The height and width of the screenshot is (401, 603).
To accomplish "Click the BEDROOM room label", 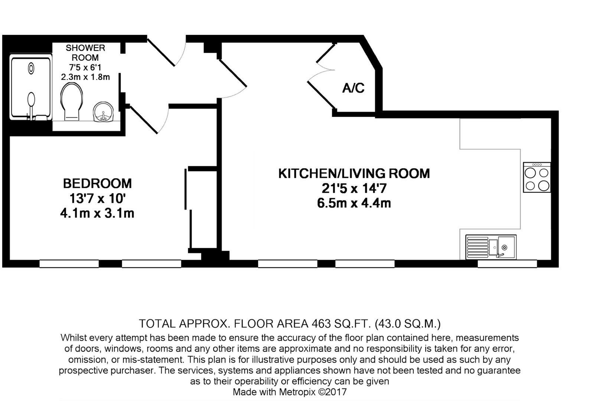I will pos(97,183).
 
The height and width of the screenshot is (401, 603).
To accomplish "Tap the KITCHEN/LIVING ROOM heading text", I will pos(354,173).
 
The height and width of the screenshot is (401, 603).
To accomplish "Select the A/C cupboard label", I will pos(353,88).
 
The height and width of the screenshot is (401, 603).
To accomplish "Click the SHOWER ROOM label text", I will pos(85,53).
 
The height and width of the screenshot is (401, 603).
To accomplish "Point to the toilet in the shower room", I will pos(71,101).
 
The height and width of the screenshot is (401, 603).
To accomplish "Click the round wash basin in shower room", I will pos(102,112).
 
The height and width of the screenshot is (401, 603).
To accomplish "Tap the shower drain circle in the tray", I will pos(31,68).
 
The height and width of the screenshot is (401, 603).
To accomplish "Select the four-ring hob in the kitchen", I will pos(537,177).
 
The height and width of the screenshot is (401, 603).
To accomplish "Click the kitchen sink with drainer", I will pos(490,247).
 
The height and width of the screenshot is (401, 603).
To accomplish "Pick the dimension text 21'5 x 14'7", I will pos(354,189).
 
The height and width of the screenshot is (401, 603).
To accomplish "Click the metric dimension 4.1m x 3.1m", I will pos(97,213).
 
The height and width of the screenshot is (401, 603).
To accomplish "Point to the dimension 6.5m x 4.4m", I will pos(354,203).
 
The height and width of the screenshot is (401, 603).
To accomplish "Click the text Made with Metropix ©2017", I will pos(290,392).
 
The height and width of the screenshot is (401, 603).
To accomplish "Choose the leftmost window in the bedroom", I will pos(69,264).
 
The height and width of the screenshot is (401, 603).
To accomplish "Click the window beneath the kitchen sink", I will pos(507,264).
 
